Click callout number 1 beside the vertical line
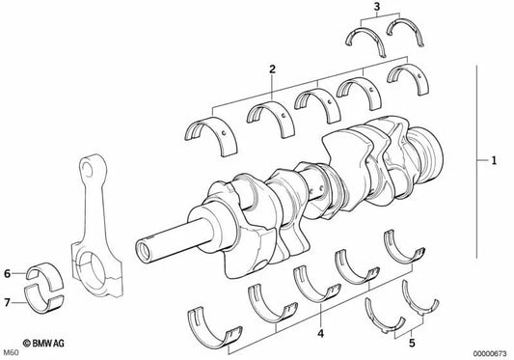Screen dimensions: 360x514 click(x=495, y=161)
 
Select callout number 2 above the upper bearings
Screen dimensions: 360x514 click(x=273, y=69)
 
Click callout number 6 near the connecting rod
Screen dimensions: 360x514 click(x=7, y=273)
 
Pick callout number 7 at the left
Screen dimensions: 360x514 click(x=7, y=302)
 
